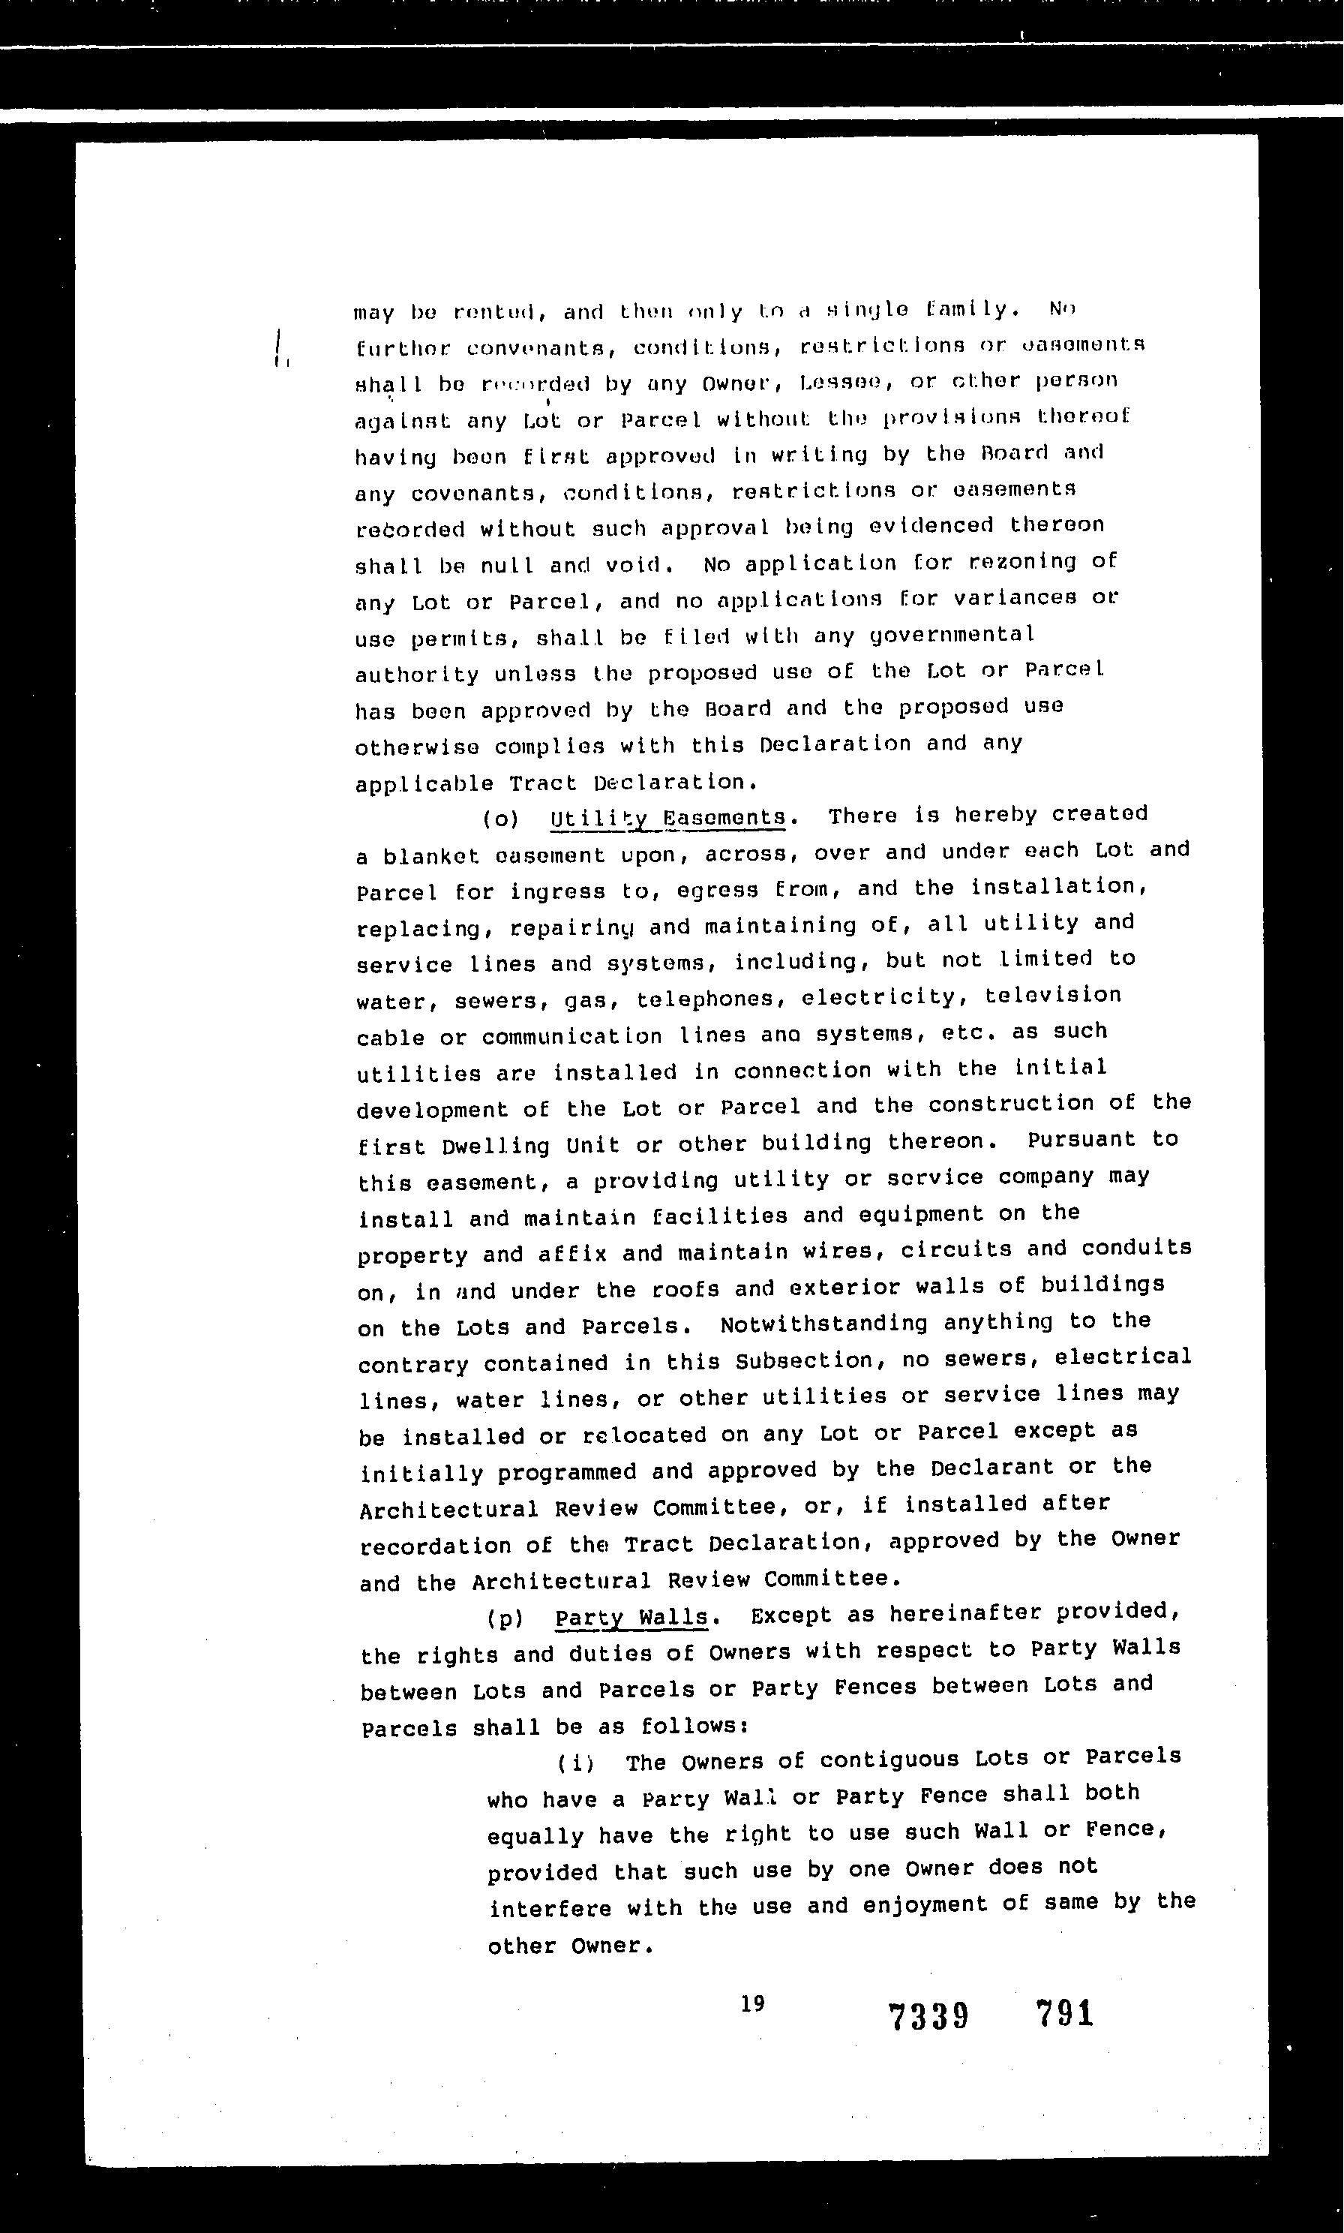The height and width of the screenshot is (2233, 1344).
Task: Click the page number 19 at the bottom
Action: click(752, 2002)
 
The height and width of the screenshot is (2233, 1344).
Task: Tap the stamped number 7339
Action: click(929, 2016)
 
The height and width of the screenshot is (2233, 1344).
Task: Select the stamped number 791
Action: click(1065, 2014)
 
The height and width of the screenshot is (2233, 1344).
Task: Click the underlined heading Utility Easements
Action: click(667, 817)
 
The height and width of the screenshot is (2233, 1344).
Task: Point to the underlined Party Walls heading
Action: click(631, 1617)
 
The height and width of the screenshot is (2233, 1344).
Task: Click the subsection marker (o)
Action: click(501, 819)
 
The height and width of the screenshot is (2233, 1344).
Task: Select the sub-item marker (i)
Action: click(576, 1763)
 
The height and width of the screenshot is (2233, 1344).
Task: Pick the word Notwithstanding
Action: click(823, 1324)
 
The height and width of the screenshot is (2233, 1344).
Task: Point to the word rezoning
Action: click(1022, 562)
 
